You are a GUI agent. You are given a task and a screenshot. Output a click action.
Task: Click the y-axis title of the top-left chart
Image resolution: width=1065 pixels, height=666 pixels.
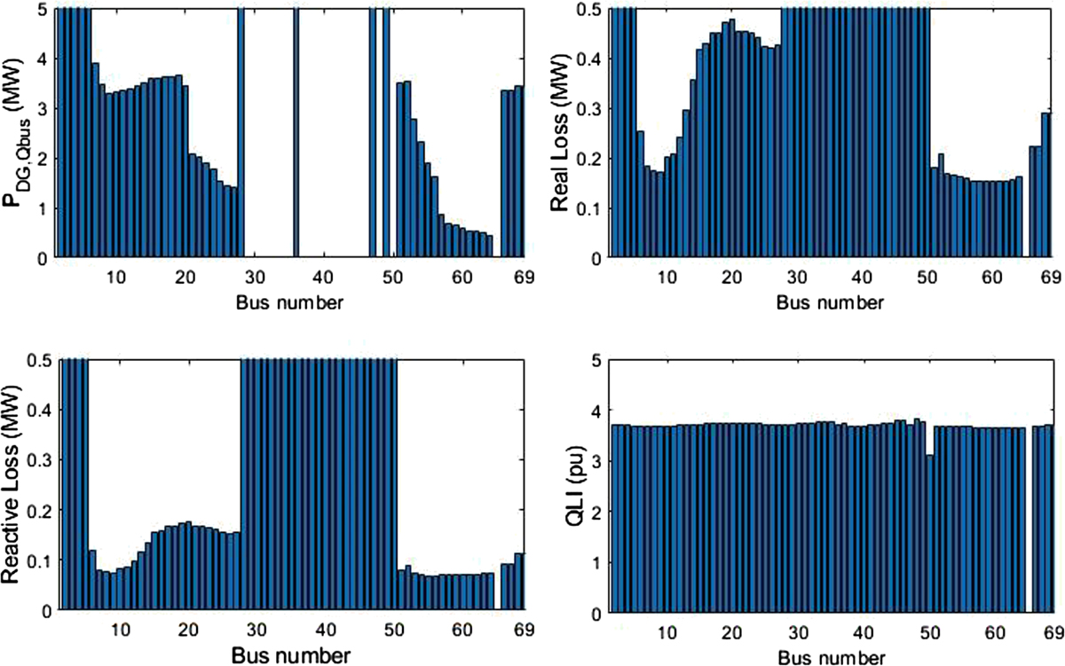(20, 131)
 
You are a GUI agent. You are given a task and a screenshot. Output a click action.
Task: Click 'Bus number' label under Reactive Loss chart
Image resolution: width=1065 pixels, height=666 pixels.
(290, 657)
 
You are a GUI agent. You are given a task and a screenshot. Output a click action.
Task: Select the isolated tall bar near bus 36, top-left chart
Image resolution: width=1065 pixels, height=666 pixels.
(296, 133)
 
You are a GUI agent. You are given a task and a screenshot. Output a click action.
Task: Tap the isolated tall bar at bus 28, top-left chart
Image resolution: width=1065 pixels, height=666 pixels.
(241, 133)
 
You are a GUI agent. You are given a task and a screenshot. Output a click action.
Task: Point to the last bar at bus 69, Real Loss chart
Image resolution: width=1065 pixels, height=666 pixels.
(1045, 186)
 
